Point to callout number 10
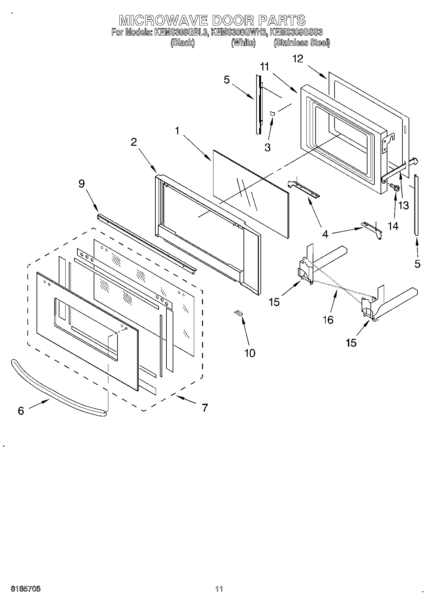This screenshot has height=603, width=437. pos(250,353)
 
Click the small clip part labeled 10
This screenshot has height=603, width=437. pos(239,313)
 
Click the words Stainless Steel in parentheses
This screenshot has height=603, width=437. pos(302,43)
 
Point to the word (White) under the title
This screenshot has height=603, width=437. pos(243,43)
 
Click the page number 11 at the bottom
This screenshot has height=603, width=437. pos(219,589)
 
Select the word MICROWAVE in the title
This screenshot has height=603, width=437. pos(163,21)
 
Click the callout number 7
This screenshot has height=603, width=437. pos(204,407)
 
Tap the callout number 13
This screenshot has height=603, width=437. pos(404,206)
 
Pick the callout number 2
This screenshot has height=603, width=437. pos(134,142)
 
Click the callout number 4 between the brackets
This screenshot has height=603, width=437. pos(325,234)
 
